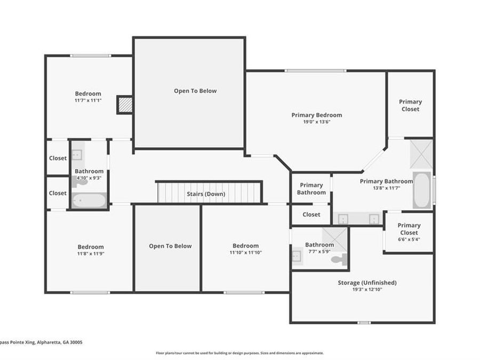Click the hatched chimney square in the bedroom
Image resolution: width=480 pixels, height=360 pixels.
[x=125, y=105]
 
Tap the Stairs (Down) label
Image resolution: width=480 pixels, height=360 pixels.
[x=206, y=194]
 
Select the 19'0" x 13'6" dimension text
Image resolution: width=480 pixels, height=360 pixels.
[x=316, y=122]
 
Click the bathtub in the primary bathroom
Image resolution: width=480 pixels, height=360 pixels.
[x=422, y=190]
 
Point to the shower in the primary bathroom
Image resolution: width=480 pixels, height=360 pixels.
[x=421, y=154]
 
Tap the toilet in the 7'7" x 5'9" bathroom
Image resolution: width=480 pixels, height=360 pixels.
[x=339, y=260]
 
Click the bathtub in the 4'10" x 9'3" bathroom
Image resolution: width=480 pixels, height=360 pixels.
[x=89, y=201]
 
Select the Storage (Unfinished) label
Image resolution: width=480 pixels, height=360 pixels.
[x=367, y=283]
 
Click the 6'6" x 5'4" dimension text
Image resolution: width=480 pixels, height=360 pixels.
[x=409, y=239]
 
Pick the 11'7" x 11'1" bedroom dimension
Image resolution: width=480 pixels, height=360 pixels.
[x=88, y=100]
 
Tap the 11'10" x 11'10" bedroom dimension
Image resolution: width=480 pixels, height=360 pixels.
[x=245, y=253]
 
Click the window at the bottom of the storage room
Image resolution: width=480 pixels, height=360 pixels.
[x=364, y=322]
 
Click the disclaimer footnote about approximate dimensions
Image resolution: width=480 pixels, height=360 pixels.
[x=239, y=353]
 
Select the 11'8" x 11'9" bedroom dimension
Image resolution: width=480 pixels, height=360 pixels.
[x=91, y=254]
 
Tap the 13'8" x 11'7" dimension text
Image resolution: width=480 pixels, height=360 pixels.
[x=386, y=188]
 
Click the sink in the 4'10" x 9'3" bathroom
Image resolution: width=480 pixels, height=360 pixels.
[x=77, y=155]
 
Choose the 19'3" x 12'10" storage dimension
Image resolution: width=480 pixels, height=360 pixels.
[x=367, y=290]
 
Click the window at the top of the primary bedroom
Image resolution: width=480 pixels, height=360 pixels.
[x=315, y=71]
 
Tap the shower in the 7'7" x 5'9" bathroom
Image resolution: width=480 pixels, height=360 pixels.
[x=334, y=239]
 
